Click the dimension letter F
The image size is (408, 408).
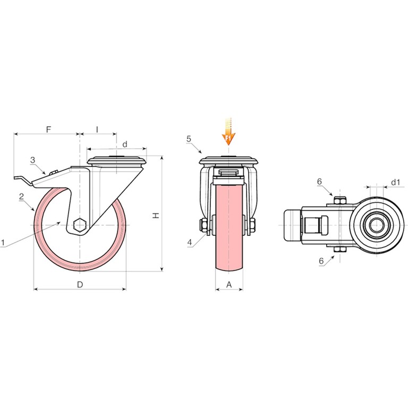click(x=48, y=129)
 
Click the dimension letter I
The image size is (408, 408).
click(x=97, y=129)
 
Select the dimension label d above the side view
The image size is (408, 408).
click(x=125, y=144)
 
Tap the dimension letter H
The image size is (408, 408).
click(x=156, y=215)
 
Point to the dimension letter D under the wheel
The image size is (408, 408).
click(x=80, y=284)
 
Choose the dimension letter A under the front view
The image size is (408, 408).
click(x=229, y=285)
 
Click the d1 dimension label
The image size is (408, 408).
click(x=395, y=182)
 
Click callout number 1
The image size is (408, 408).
click(x=3, y=243)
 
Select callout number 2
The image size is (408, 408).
click(x=22, y=196)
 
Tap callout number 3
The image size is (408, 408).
click(x=32, y=160)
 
